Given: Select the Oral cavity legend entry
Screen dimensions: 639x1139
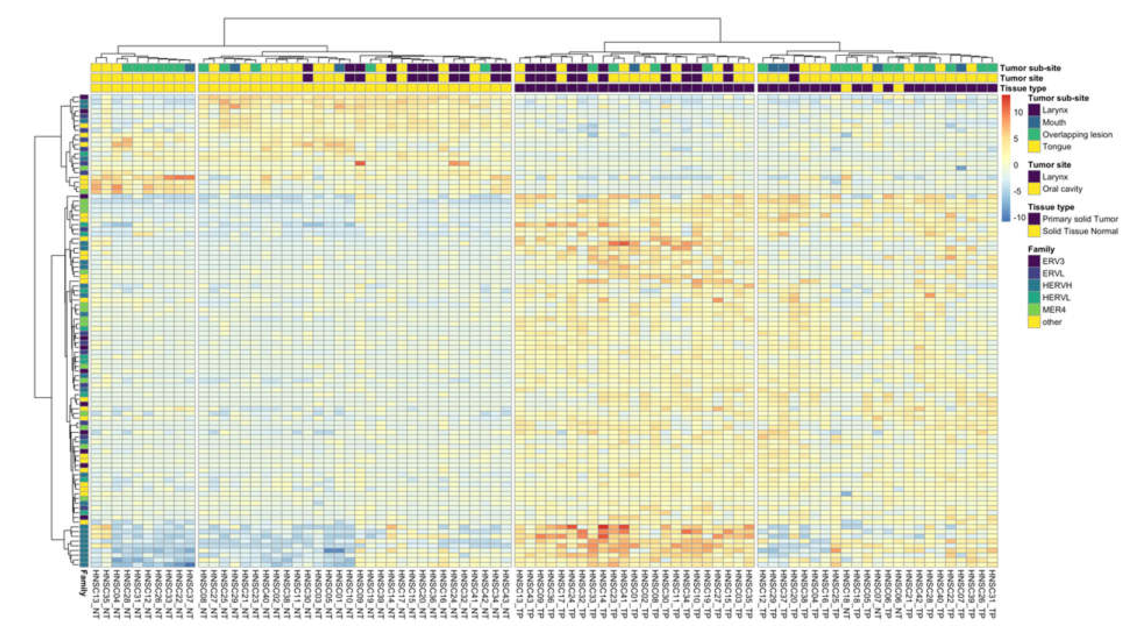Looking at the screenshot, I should tap(1062, 189).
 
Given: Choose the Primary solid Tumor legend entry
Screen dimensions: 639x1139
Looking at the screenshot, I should tap(1080, 219).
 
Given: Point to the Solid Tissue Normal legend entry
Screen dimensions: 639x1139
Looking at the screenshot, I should tap(1080, 231).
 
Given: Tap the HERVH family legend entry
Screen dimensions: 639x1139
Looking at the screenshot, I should tap(1056, 285).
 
